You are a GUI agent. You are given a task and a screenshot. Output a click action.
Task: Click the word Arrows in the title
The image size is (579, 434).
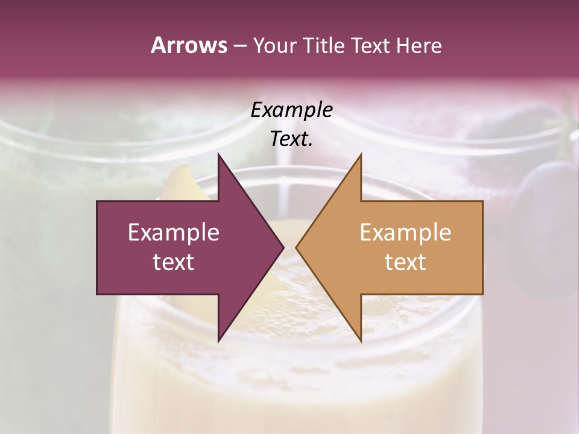click(189, 45)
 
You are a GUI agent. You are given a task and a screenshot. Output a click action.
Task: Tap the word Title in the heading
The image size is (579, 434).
click(324, 46)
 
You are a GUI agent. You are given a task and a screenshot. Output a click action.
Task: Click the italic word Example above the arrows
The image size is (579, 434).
click(292, 110)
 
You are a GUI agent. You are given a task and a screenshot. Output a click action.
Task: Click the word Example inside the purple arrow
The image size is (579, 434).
click(174, 232)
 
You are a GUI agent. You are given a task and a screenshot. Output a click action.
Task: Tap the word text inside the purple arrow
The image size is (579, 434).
click(174, 262)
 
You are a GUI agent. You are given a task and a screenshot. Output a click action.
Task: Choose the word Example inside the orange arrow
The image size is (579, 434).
click(405, 232)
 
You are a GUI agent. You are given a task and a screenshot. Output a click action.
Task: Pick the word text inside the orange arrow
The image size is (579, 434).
click(405, 262)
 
